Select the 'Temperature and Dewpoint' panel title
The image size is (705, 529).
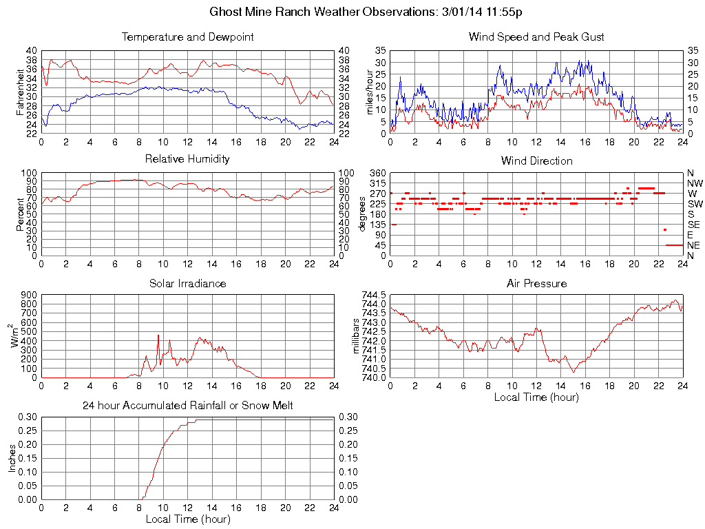coord(187,37)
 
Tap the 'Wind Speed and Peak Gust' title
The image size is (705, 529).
coord(536,37)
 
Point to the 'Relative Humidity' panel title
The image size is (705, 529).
coord(187,159)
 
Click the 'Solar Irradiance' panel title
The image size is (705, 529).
coord(187,283)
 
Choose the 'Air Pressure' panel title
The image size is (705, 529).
coord(536,283)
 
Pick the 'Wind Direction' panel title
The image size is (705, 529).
coord(536,160)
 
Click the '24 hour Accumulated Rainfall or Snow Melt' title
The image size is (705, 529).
coord(187,406)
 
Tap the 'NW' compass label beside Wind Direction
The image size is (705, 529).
coord(694,183)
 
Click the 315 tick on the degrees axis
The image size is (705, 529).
coord(377,183)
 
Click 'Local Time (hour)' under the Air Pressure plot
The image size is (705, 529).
coord(536,397)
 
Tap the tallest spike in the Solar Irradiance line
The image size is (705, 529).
coord(158,335)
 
